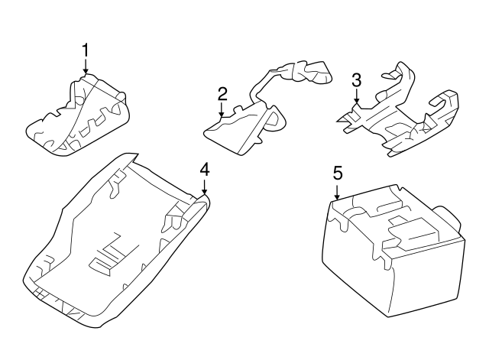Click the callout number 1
(86, 50)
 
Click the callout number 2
(222, 94)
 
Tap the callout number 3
(355, 80)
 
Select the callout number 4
(204, 170)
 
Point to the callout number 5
(337, 173)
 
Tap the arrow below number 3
(355, 97)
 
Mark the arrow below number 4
(204, 187)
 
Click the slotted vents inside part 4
(107, 256)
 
